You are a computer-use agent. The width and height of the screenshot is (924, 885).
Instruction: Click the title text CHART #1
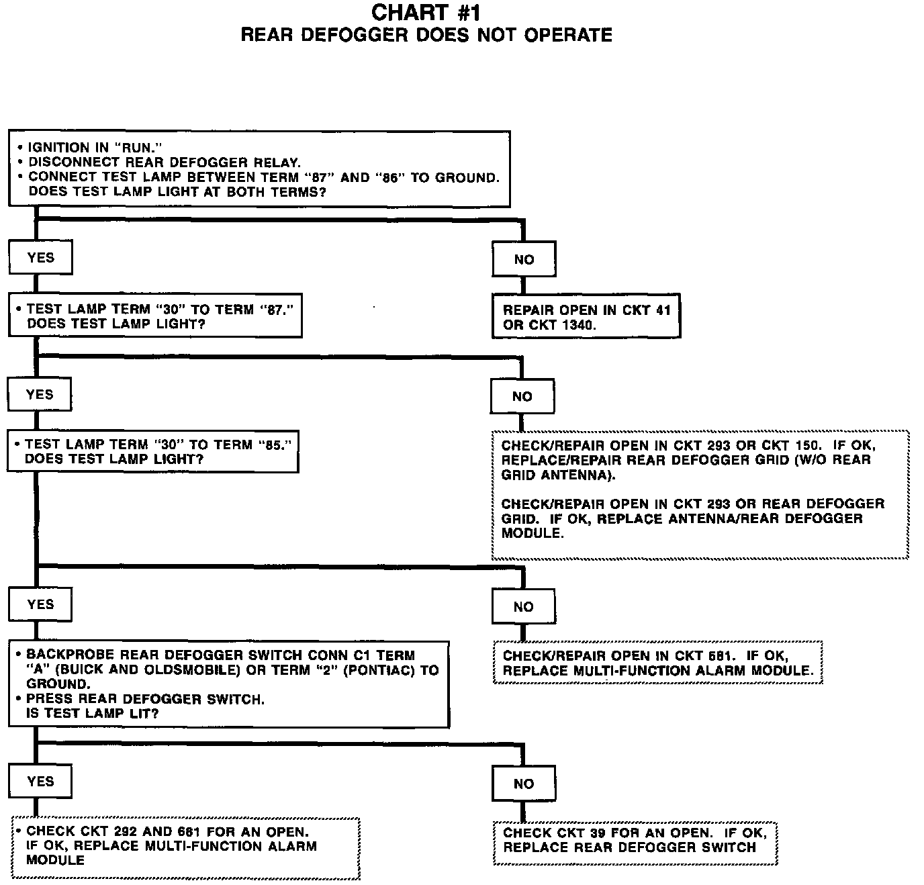tap(426, 12)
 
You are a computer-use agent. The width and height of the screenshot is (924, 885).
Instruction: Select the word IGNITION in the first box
tap(58, 148)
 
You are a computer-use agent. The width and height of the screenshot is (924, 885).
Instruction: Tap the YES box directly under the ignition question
tap(40, 257)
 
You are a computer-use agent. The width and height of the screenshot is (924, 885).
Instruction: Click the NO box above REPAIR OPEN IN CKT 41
tap(524, 260)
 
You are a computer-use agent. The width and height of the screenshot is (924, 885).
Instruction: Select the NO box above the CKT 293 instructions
tap(522, 397)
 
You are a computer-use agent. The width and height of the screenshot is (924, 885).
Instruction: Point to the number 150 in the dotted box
tap(808, 445)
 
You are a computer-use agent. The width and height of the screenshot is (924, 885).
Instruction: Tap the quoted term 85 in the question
tap(276, 445)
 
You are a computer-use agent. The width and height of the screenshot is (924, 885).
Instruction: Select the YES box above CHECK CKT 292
tap(40, 781)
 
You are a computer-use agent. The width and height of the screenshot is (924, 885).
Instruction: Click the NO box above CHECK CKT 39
tap(524, 784)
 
